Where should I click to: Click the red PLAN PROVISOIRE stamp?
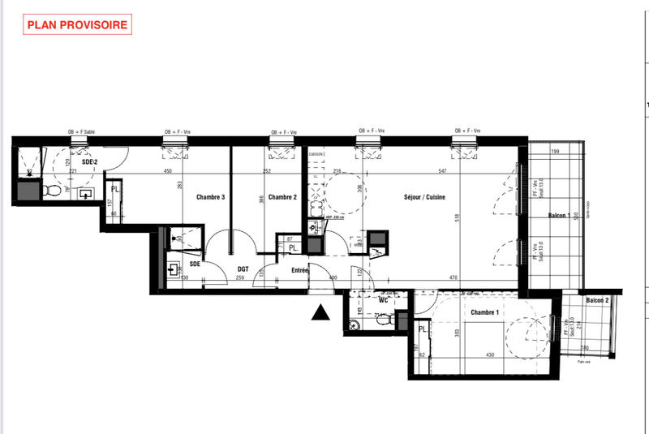[77, 24]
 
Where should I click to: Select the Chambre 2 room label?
[282, 197]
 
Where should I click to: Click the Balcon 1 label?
[557, 216]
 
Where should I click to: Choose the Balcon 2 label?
[598, 299]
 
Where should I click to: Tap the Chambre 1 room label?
[484, 312]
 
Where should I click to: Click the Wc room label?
[384, 299]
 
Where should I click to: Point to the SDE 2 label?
[89, 163]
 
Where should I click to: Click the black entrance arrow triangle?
[322, 312]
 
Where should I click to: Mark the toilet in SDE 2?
[53, 190]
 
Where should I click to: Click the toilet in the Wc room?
[352, 326]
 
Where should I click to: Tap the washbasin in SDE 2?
[87, 193]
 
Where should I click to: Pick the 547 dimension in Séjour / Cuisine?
[464, 171]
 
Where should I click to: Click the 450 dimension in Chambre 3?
[169, 171]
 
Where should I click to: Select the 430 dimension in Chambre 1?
[489, 355]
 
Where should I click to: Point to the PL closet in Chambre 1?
[423, 329]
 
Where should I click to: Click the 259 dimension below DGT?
[239, 278]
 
